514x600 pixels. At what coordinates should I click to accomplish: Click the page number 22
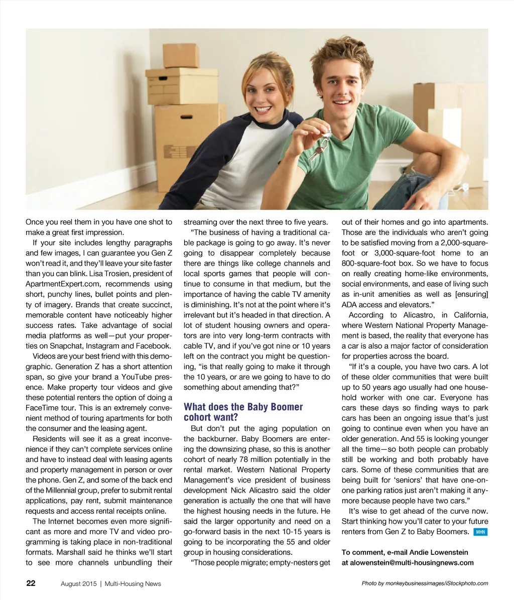click(31, 583)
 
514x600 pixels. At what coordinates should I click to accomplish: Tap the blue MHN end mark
click(480, 532)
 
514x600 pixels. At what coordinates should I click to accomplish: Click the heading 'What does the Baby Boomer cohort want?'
click(243, 412)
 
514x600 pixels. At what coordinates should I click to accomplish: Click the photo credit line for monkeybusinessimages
click(425, 583)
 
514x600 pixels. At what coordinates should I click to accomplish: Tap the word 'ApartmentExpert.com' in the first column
click(58, 284)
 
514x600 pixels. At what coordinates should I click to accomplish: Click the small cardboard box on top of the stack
click(181, 55)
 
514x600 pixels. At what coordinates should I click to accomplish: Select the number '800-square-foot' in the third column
click(368, 263)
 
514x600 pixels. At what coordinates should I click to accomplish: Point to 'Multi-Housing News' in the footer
click(133, 583)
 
